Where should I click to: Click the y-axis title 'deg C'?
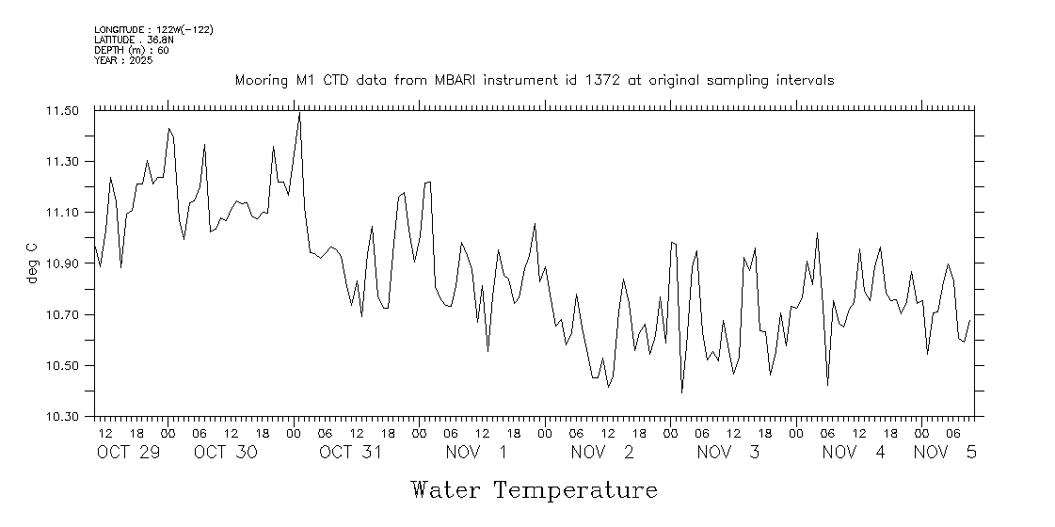[x=31, y=263]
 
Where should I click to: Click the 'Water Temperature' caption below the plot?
[x=534, y=490]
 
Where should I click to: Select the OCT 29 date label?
[x=129, y=453]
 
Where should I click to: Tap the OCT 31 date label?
[x=351, y=453]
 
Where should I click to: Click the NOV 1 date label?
[x=477, y=453]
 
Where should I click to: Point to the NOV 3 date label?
[x=728, y=453]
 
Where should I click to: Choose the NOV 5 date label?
[x=945, y=453]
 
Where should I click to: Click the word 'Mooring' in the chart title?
[x=262, y=81]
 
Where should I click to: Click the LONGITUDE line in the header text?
[x=153, y=30]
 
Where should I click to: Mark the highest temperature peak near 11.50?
[x=299, y=114]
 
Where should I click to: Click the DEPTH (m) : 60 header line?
[x=132, y=50]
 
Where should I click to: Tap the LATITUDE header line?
[x=133, y=40]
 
